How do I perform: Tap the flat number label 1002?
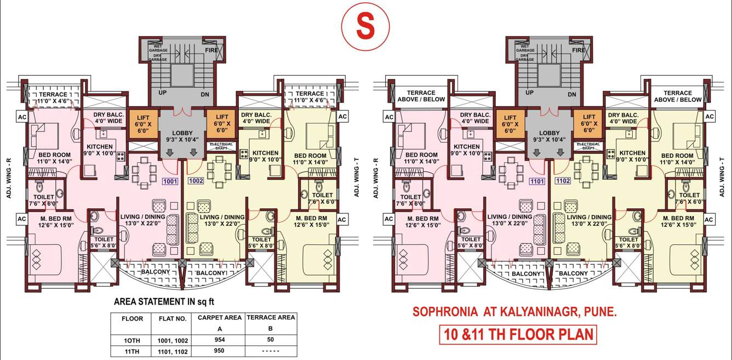pos(196,180)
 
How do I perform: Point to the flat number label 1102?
pos(563,180)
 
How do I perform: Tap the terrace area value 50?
pos(271,340)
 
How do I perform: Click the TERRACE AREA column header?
pos(271,317)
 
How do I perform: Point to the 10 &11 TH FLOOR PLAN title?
pos(517,334)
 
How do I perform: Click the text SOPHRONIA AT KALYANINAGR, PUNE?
pos(514,312)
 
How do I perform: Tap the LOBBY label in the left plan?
pos(181,133)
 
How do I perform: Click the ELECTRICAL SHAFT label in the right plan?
pos(588,146)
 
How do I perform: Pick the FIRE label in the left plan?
pos(211,50)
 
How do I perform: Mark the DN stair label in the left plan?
pos(204,94)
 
